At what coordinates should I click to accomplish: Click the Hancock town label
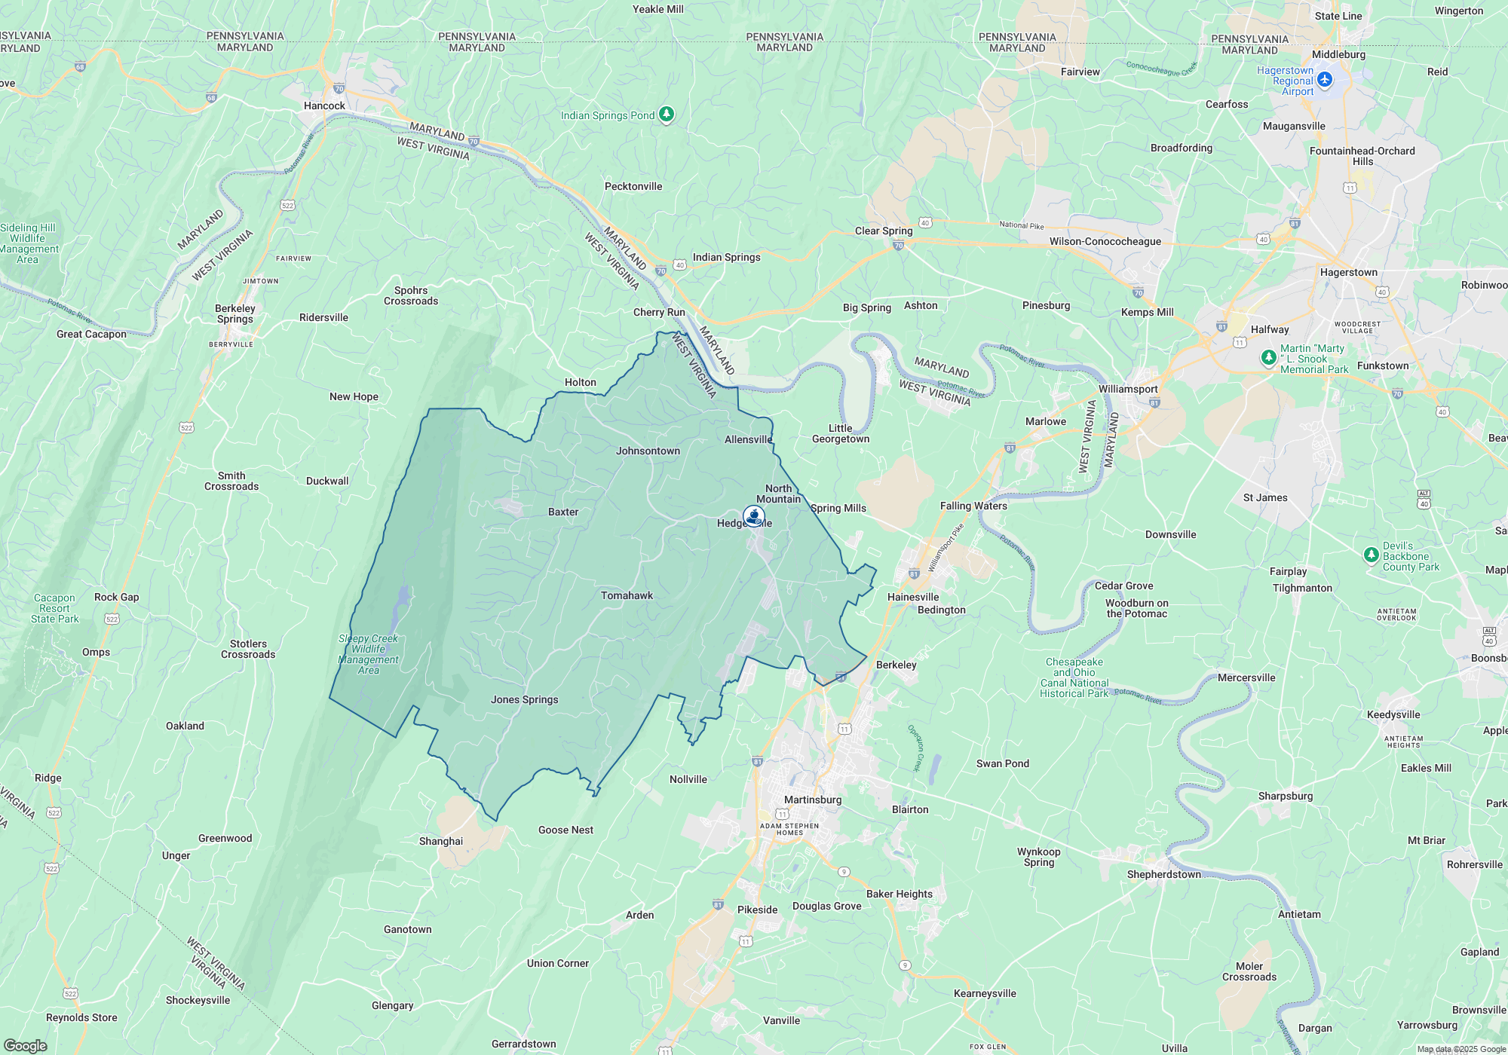tap(324, 105)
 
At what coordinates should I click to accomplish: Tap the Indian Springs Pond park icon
tap(666, 115)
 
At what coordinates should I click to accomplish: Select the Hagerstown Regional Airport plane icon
tap(1325, 80)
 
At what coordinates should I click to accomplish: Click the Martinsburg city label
tap(812, 800)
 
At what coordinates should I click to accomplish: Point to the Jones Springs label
tap(524, 699)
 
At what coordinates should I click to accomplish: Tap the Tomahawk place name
tap(627, 595)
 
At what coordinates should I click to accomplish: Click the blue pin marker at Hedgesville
tap(754, 516)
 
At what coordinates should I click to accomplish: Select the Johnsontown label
tap(648, 451)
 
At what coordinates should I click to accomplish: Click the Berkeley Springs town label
tap(235, 313)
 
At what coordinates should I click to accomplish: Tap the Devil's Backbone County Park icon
tap(1371, 555)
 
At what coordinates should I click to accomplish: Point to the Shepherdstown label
tap(1163, 874)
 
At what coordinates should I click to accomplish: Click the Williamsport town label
tap(1127, 389)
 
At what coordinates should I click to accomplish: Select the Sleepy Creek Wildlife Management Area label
tap(368, 654)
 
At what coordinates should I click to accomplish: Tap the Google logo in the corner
tap(25, 1045)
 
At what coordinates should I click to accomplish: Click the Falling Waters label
tap(973, 506)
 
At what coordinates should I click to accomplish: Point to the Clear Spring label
tap(883, 231)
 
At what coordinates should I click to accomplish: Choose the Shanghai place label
tap(441, 841)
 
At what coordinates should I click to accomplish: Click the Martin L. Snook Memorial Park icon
tap(1268, 358)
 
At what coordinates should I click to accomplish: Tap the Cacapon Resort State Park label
tap(54, 608)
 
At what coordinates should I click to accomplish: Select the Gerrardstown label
tap(523, 1044)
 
